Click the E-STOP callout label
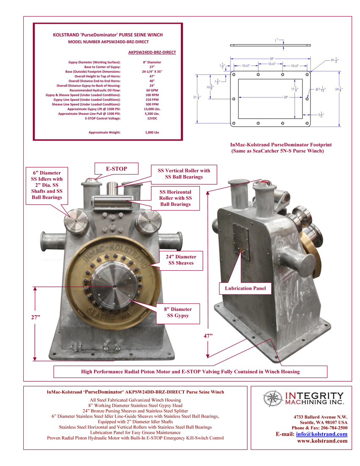116,169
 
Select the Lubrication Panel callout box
243,288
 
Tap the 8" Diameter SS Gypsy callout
178,312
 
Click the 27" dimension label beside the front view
29,316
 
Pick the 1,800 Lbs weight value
152,133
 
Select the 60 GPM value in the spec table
152,90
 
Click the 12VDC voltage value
152,119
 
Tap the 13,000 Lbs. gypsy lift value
152,109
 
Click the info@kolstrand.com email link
321,434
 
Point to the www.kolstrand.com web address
322,441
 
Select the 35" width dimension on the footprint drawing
271,58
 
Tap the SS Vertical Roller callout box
184,174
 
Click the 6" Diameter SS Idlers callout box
47,185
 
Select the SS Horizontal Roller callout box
175,198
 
